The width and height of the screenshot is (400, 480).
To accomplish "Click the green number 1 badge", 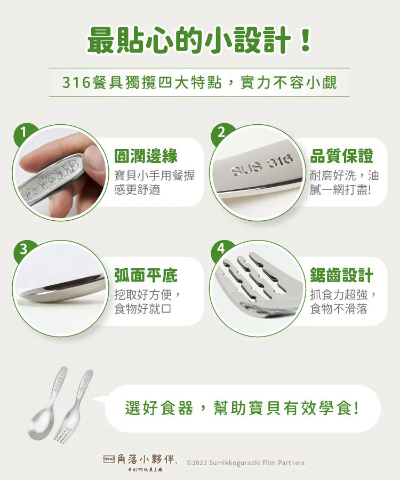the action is click(24, 133).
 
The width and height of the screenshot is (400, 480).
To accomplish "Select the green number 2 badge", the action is click(221, 133).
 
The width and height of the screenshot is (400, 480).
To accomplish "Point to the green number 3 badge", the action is click(24, 249).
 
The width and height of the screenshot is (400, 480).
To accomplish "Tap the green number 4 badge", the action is click(221, 249).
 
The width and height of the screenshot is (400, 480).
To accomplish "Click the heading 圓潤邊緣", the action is click(146, 156).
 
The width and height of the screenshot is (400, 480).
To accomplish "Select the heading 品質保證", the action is click(341, 156).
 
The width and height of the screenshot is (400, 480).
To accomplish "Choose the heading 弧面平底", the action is click(146, 275).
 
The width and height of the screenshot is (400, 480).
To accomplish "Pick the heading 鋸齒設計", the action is click(341, 275).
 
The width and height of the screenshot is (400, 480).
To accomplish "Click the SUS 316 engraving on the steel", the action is click(262, 165).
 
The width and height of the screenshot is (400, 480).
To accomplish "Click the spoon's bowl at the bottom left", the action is click(41, 424).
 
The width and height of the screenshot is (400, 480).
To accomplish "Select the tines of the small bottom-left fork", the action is click(62, 434).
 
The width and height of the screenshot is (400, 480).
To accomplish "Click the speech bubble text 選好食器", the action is click(159, 409).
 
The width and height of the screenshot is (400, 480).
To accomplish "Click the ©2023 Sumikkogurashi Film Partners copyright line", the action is click(245, 462).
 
